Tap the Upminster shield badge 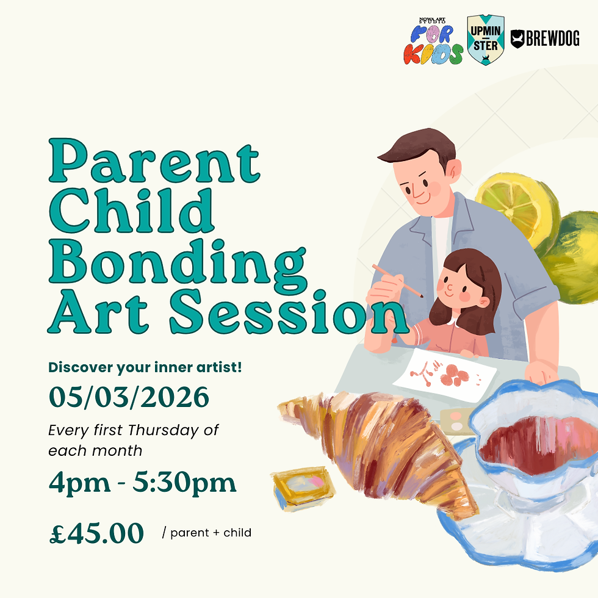coord(486,41)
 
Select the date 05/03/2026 coord(129,398)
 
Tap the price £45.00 coord(96,532)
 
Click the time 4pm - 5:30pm coord(142,483)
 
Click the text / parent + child coord(207,533)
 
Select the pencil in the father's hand coord(397,281)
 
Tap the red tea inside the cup coord(537,439)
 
